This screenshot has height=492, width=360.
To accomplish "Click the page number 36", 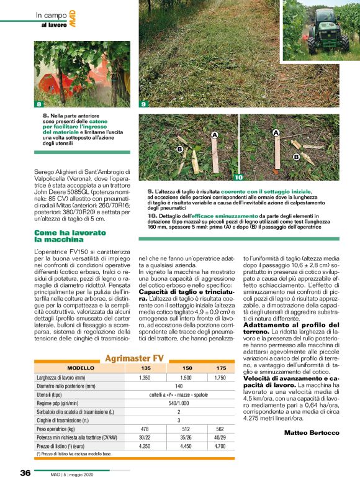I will coord(25,473).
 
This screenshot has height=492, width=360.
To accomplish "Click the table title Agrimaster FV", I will coord(134,358).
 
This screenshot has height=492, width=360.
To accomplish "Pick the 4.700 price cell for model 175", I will coord(220,445).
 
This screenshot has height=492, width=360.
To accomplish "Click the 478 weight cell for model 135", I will coord(145,429).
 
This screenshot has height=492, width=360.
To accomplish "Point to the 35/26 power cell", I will coord(185,437).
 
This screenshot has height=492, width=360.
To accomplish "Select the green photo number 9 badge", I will coord(143,104).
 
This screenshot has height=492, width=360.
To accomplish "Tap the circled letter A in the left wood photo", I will coord(214,135).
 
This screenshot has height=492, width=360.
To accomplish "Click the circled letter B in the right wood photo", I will coord(296,157).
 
